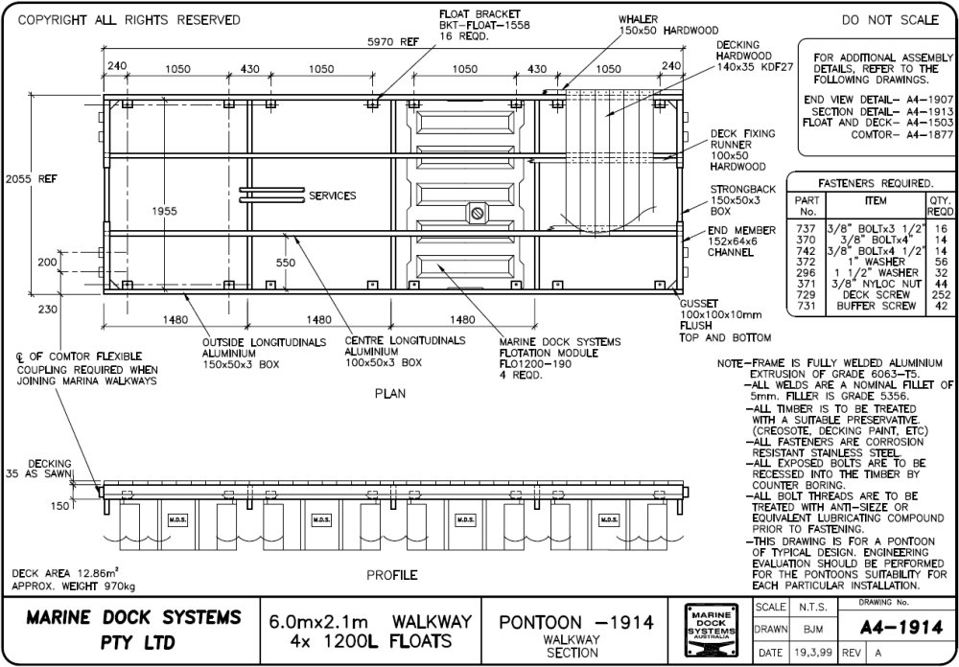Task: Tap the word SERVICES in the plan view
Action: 332,195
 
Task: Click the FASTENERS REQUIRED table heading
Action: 875,182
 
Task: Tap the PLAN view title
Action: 390,393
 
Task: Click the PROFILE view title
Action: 391,575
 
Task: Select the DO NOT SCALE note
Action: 891,19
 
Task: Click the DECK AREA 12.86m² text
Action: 72,572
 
